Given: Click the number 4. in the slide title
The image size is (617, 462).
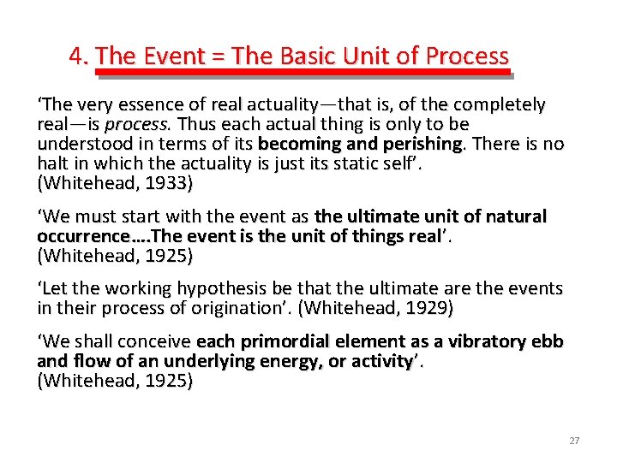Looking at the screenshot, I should [x=80, y=56].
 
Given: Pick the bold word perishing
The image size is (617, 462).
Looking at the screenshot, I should [x=413, y=143].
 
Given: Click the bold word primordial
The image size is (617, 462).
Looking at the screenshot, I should [x=282, y=342].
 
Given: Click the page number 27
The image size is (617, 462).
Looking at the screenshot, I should [x=573, y=441].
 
